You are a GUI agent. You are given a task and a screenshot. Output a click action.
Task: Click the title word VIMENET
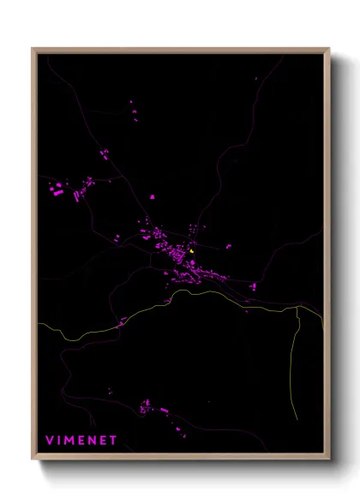81,440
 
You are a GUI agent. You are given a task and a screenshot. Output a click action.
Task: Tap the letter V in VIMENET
49,440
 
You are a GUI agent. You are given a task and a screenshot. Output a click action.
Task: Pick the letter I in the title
58,440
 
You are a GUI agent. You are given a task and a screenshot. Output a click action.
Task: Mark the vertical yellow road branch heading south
295,360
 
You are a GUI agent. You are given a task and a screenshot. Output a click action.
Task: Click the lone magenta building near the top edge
255,79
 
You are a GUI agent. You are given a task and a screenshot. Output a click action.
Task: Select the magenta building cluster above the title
146,405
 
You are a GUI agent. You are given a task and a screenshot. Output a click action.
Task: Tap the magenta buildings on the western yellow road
122,322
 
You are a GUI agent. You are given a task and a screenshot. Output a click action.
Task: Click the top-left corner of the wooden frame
33,50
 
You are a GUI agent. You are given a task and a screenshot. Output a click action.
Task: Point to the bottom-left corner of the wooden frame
33,458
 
